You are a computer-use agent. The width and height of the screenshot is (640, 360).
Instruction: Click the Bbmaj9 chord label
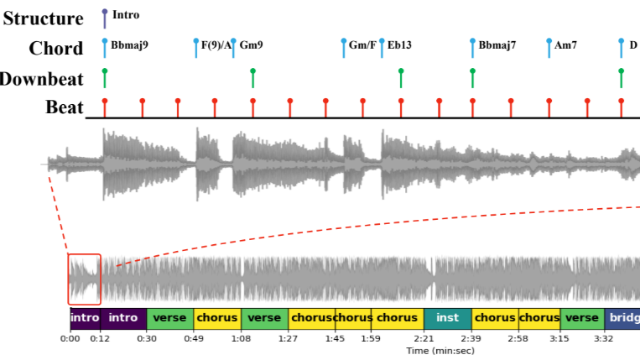(x=129, y=45)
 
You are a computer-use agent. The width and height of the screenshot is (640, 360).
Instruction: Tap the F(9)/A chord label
(x=216, y=45)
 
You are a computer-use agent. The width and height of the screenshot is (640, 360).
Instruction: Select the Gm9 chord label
(x=251, y=45)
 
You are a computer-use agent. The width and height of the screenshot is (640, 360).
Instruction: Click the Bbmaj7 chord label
(x=497, y=45)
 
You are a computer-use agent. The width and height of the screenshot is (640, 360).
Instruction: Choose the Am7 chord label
(x=565, y=45)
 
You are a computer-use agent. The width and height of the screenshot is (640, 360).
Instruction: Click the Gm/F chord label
(x=362, y=45)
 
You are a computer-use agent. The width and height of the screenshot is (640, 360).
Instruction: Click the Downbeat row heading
(x=42, y=79)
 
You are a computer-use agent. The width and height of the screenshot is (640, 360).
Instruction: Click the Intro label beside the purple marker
(x=126, y=15)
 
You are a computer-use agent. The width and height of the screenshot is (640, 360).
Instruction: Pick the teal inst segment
(x=448, y=319)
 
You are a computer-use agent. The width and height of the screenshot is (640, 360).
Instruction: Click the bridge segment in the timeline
(x=622, y=319)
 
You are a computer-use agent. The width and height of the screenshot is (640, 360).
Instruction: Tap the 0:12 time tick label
(x=100, y=339)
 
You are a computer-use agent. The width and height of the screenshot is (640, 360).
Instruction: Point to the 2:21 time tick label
(x=424, y=339)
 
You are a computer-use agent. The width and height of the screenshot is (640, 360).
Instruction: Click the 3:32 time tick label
(x=604, y=339)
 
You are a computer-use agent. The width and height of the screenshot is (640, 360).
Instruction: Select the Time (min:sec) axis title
(x=441, y=351)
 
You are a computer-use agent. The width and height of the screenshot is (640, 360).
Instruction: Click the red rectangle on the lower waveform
(x=84, y=279)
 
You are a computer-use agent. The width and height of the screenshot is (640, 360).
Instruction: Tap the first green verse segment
(x=170, y=319)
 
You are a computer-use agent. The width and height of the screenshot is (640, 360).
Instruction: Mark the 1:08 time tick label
(x=242, y=339)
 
